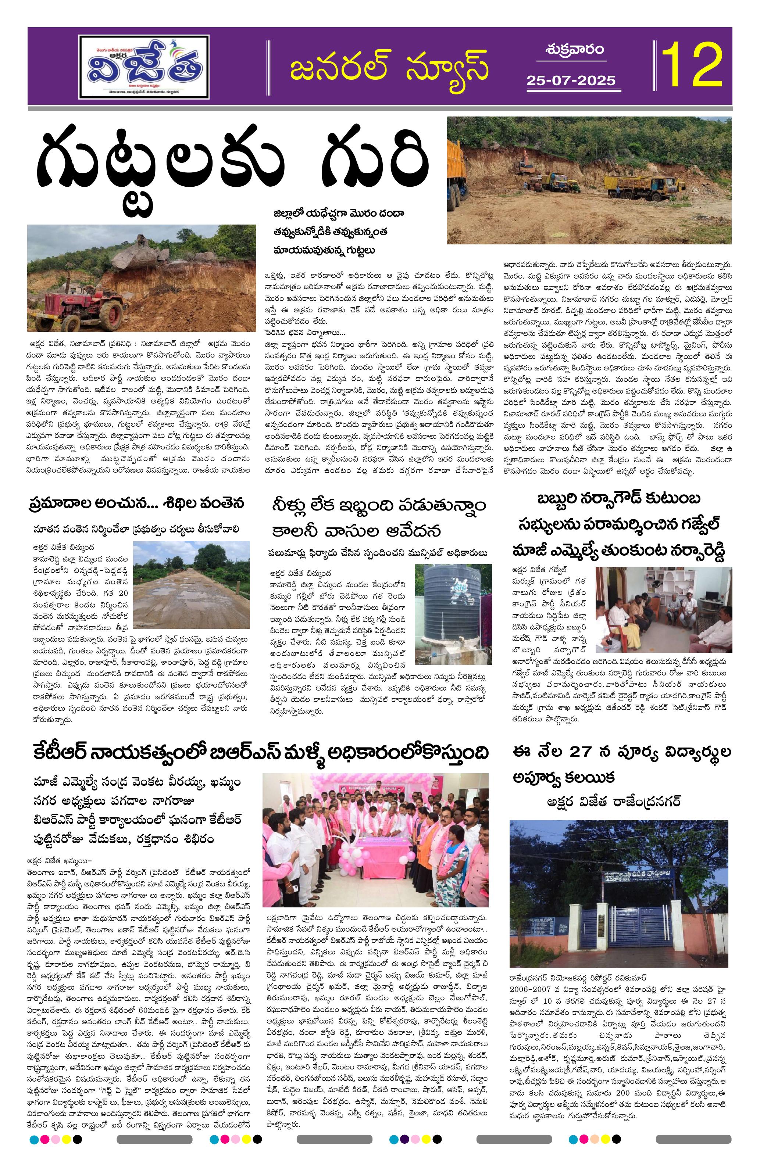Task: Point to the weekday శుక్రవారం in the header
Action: (x=574, y=51)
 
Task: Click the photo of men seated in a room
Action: (x=663, y=610)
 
